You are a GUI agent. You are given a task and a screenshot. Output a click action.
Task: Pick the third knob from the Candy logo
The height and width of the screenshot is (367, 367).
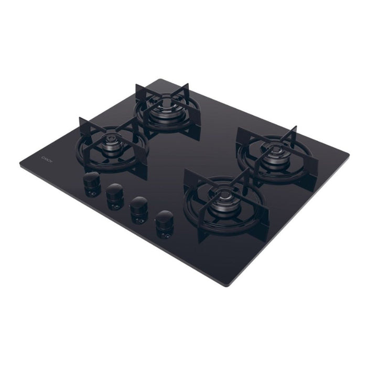pyautogui.click(x=139, y=204)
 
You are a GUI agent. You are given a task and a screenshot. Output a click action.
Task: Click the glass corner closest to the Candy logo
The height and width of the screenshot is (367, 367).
pyautogui.click(x=21, y=164)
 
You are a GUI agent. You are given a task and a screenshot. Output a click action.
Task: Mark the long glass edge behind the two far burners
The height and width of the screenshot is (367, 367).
pyautogui.click(x=252, y=115)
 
